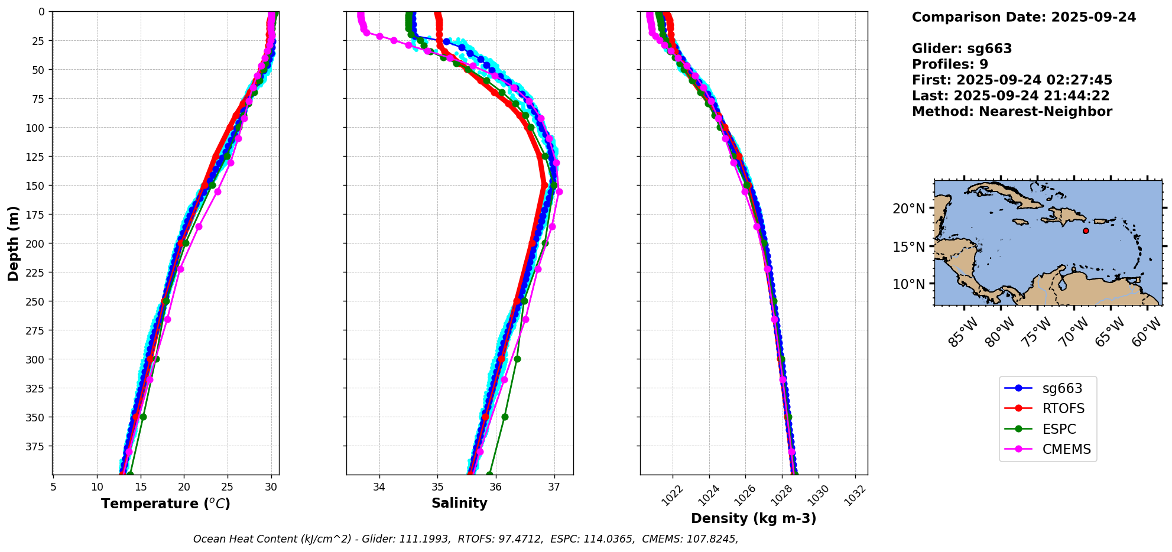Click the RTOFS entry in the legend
click(1063, 409)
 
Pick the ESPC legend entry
click(1059, 429)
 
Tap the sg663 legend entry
click(1062, 388)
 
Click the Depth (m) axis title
click(14, 243)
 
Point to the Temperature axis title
click(165, 504)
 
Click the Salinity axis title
click(459, 503)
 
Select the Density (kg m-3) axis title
click(754, 518)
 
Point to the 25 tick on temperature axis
click(228, 487)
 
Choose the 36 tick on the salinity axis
click(495, 487)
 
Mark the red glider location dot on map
click(1086, 230)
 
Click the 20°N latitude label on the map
click(908, 209)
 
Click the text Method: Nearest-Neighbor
click(1012, 112)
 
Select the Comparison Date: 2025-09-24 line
click(1024, 17)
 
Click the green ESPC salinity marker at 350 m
click(505, 417)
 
